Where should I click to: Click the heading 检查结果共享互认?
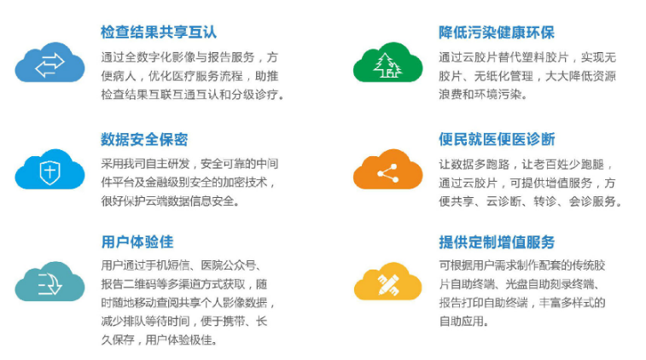coord(159,32)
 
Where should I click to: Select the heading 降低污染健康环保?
coord(497,32)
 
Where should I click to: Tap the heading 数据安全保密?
coord(144,139)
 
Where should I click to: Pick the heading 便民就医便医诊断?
coord(497,139)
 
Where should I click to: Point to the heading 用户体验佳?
coord(137,241)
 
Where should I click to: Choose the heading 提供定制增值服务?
coord(497,241)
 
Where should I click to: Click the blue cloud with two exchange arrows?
coord(49,62)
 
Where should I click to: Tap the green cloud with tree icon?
coord(387,62)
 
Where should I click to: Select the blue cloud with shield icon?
coord(49,169)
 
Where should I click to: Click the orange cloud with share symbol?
coord(387,169)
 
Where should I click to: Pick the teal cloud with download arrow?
coord(49,282)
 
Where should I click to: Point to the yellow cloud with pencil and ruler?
coord(387,282)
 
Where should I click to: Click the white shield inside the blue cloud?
coord(49,171)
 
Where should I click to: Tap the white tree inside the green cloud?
coord(387,65)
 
